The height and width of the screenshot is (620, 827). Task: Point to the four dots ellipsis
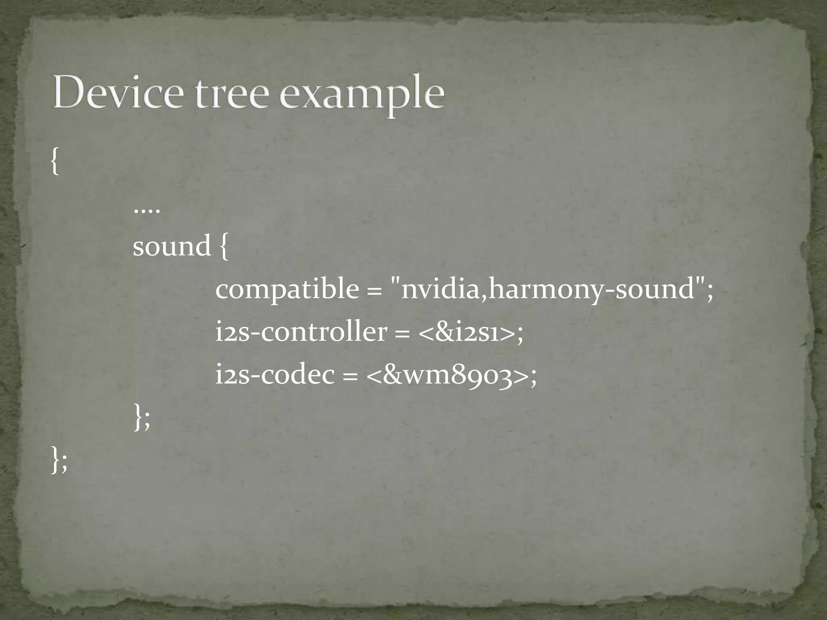pos(147,211)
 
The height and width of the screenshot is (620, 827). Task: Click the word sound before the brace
pos(172,246)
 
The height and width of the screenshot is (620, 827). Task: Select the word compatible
pos(287,289)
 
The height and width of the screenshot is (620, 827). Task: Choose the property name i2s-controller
pos(301,332)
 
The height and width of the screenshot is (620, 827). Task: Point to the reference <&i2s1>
pos(466,333)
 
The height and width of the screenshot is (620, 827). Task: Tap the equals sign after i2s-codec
pos(350,377)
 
